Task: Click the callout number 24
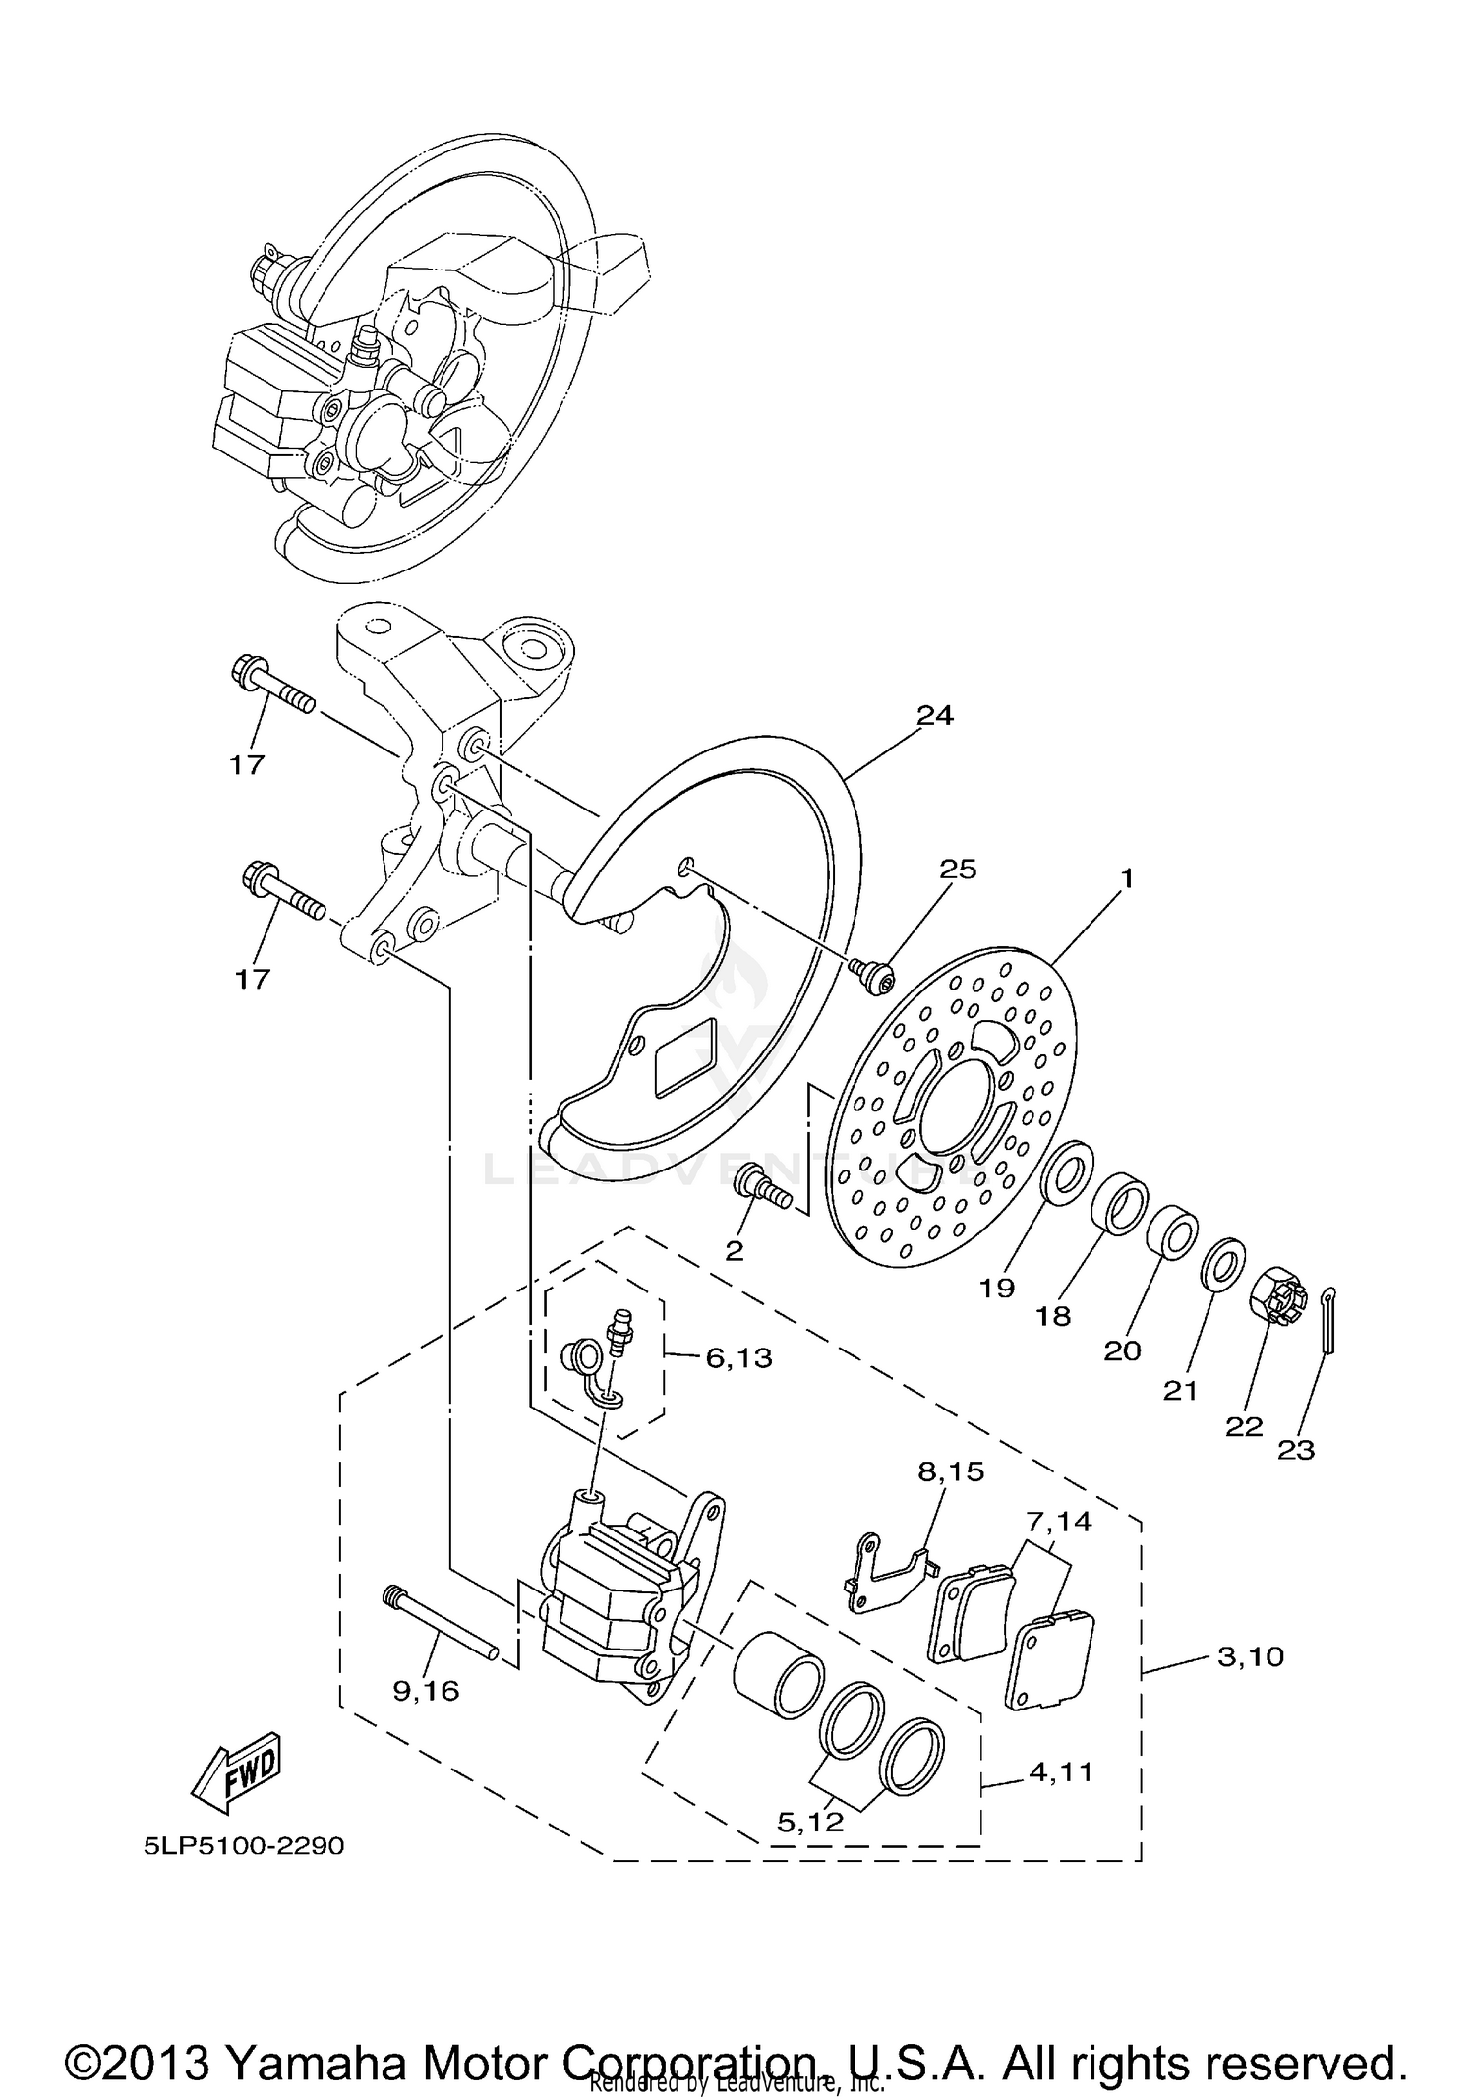[x=934, y=716]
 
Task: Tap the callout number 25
[x=958, y=869]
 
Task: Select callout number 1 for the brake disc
[x=1127, y=877]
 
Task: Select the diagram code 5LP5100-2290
[x=244, y=1846]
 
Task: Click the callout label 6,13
[x=738, y=1358]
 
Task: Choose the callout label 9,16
[x=426, y=1690]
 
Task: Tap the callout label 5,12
[x=810, y=1822]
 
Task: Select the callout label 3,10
[x=1251, y=1656]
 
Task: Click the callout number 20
[x=1122, y=1350]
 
